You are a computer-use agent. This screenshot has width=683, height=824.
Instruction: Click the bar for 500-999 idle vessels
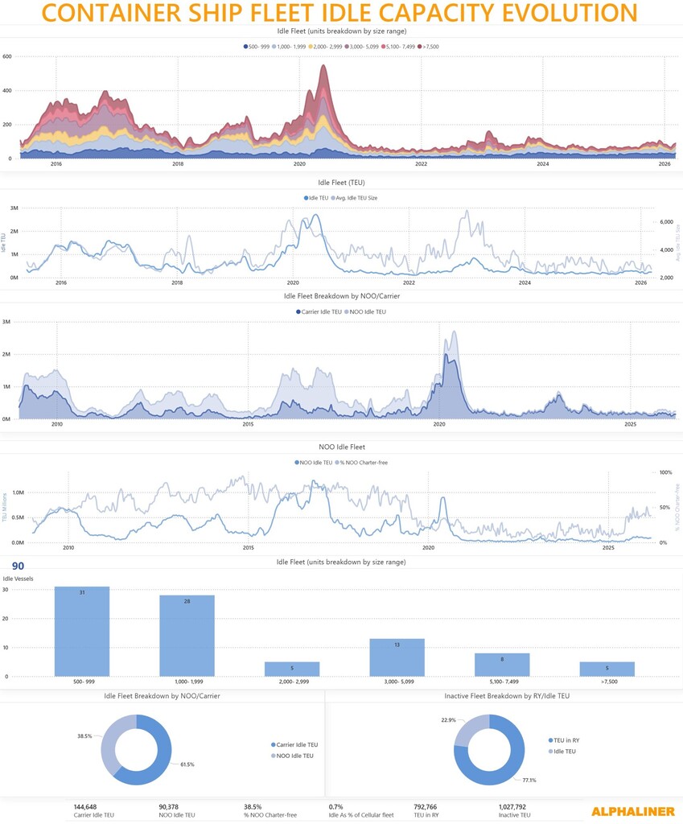tap(82, 632)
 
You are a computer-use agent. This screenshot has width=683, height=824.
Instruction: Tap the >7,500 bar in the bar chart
tap(607, 669)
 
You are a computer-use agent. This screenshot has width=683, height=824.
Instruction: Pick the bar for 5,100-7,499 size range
tap(502, 665)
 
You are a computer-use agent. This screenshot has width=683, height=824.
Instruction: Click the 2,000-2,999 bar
tap(292, 669)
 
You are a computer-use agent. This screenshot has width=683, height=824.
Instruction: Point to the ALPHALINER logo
tap(632, 811)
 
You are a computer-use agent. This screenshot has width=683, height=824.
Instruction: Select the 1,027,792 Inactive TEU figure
tap(512, 806)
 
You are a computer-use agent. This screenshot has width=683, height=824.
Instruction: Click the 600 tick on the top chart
tap(7, 56)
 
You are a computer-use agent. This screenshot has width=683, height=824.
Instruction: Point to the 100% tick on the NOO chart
tap(665, 472)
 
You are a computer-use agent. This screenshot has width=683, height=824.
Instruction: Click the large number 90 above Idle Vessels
tap(18, 566)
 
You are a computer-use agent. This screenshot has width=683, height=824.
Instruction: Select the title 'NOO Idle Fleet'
tap(341, 447)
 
